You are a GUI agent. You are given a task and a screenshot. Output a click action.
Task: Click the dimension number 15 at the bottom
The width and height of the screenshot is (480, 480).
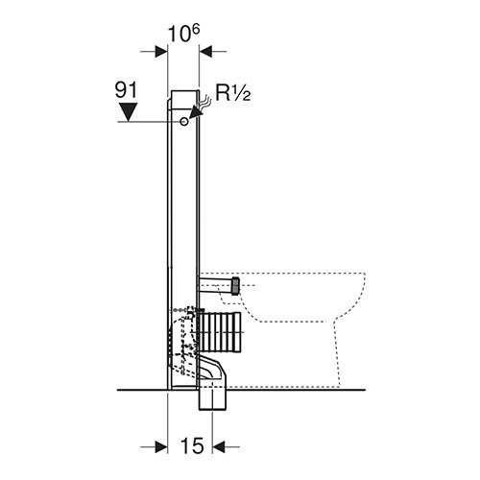click(192, 445)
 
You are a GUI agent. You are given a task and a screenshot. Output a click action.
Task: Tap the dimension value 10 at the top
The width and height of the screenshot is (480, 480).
click(178, 35)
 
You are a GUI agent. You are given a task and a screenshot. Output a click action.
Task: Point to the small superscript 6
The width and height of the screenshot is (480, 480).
click(196, 30)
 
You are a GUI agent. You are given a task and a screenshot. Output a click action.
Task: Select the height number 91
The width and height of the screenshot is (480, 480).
click(126, 90)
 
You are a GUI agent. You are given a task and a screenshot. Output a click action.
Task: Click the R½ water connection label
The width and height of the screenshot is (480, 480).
click(232, 93)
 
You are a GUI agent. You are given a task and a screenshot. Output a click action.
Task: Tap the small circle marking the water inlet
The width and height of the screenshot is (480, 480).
click(184, 122)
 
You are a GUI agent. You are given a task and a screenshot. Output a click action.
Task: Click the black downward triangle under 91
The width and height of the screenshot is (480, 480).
click(128, 112)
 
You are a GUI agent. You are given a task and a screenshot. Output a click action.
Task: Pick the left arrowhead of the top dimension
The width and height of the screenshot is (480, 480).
click(161, 51)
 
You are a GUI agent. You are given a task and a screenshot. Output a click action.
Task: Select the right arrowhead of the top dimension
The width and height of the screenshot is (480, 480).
click(205, 51)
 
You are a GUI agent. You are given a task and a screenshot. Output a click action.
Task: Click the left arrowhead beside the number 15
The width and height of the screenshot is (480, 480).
click(161, 446)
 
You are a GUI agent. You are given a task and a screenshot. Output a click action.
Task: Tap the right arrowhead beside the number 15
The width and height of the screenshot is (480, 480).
click(218, 446)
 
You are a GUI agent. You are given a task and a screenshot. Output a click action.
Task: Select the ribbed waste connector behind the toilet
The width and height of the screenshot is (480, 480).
click(220, 332)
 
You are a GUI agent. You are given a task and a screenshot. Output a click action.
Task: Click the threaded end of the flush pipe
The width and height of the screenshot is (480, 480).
click(235, 286)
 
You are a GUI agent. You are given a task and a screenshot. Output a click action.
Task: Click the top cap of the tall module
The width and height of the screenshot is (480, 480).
click(183, 100)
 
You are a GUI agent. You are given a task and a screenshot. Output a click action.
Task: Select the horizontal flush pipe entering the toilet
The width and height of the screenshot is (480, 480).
click(219, 285)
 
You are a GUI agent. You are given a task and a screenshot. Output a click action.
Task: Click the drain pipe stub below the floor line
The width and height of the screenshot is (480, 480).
click(212, 400)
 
